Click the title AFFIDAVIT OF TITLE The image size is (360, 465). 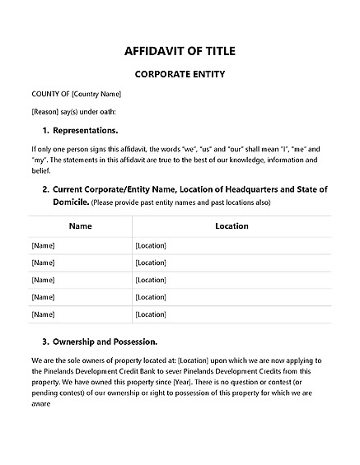180,51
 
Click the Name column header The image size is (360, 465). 80,226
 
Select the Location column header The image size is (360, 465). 231,226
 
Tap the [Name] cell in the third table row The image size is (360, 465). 42,280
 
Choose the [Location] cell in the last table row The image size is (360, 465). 151,314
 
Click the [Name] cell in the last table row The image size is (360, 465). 42,314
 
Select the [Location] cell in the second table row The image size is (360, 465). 151,263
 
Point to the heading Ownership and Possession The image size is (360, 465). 105,341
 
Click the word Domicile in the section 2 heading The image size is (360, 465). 70,201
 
